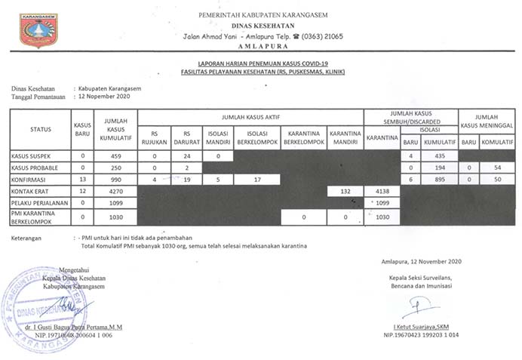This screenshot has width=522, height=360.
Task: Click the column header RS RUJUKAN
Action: (x=154, y=137)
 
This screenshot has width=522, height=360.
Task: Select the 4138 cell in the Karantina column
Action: (x=382, y=192)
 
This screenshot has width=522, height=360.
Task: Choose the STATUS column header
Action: (x=41, y=129)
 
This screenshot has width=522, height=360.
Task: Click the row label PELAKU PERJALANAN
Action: (x=39, y=203)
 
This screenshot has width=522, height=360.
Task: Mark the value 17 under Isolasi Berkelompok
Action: (x=256, y=180)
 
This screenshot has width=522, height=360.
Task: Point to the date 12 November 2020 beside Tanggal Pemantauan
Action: (x=104, y=97)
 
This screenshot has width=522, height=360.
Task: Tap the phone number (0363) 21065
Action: (x=321, y=35)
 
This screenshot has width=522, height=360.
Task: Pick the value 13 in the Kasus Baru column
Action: (x=81, y=180)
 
